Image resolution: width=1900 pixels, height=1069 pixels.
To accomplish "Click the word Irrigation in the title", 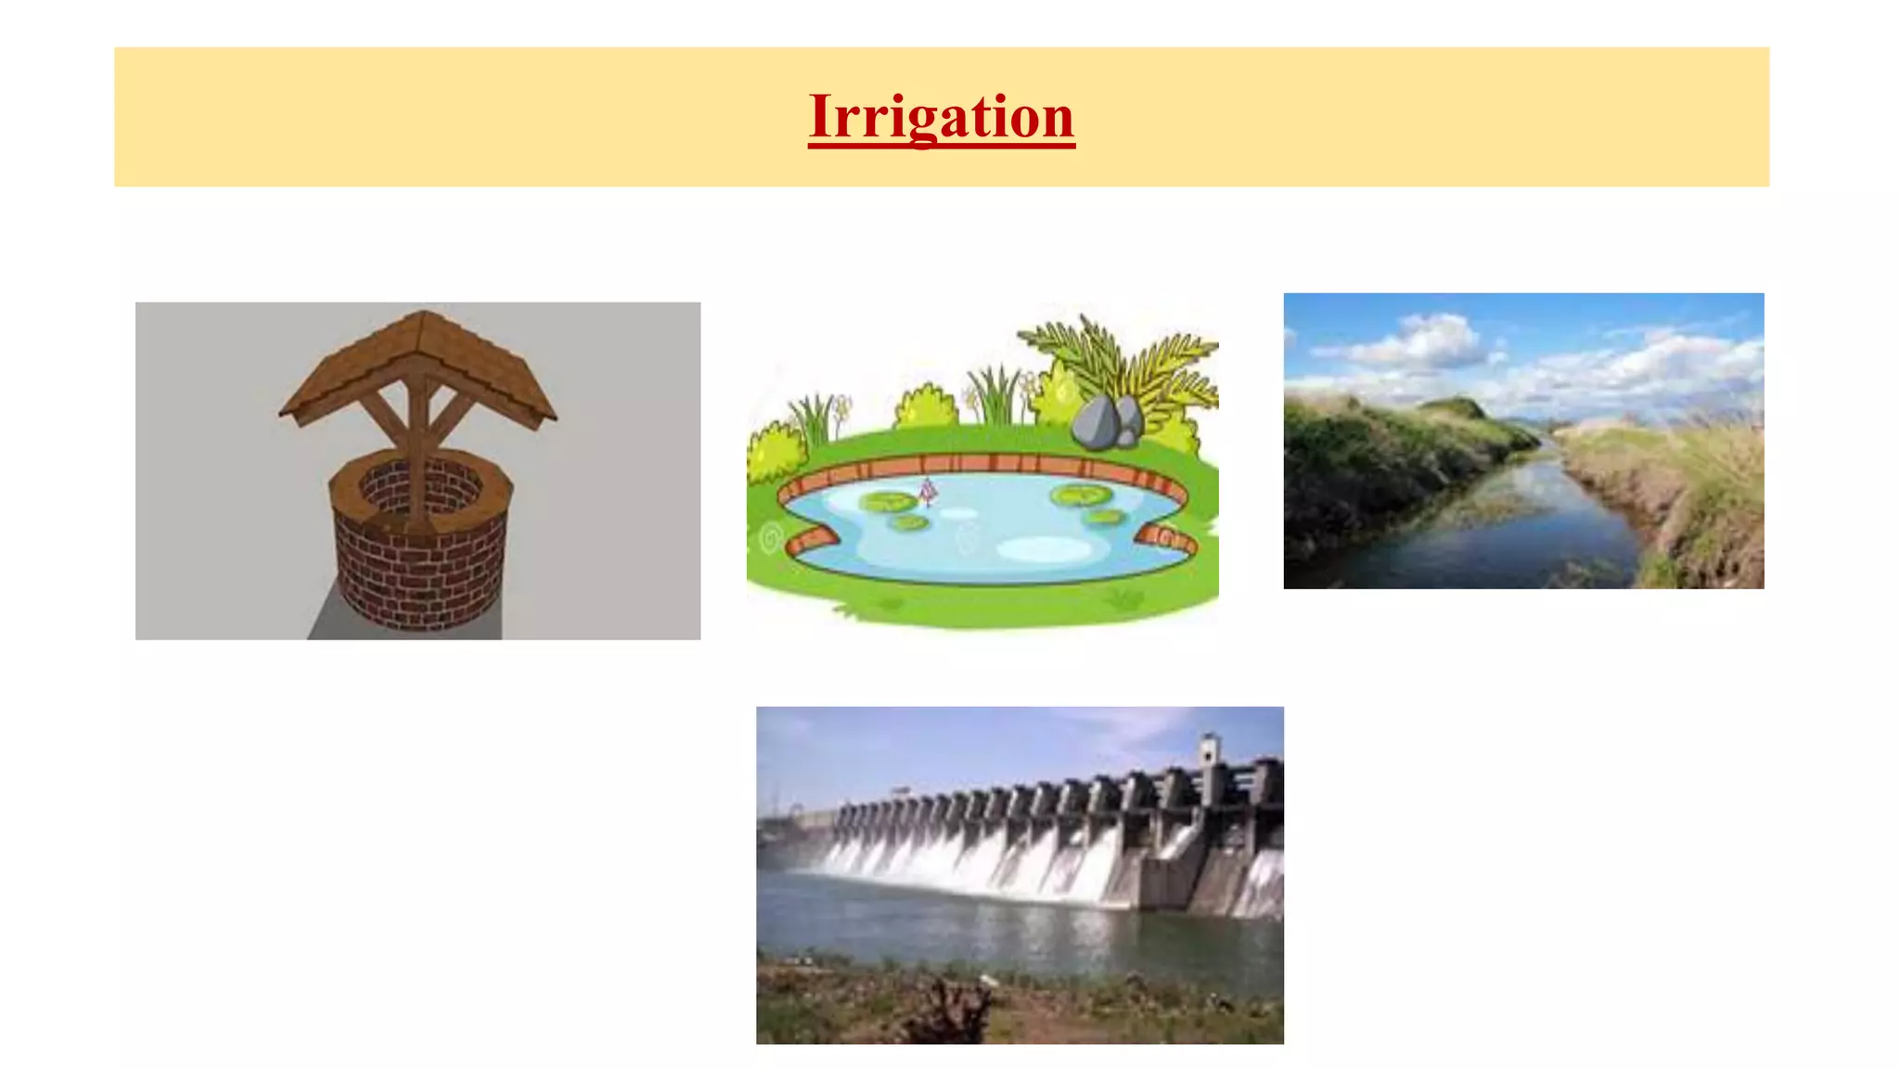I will coord(941,117).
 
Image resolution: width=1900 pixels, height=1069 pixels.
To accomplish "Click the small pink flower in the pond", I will coord(927,491).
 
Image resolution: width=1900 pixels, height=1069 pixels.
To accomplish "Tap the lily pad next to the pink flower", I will coord(888,503).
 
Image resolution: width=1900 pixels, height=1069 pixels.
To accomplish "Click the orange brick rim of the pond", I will coord(983,463).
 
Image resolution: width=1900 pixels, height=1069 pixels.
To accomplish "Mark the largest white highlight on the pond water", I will coord(1044,550).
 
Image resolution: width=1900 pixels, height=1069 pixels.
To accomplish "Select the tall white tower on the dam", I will coord(1207,756).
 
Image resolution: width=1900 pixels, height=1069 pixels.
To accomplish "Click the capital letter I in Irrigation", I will coord(823,117).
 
